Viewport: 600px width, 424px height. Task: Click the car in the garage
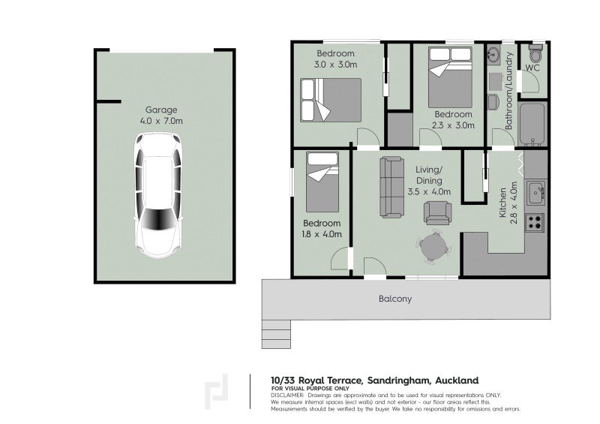[158, 195]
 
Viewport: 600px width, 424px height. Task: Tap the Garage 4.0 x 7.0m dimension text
[161, 121]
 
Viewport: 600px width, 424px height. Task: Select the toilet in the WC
[535, 53]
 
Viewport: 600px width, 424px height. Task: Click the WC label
[532, 68]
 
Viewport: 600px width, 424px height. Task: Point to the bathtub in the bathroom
[532, 124]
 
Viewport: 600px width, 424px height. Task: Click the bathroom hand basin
[494, 54]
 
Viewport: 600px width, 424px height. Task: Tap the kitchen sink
[535, 193]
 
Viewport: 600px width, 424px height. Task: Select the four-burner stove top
[535, 222]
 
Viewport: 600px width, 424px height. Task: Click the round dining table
[433, 246]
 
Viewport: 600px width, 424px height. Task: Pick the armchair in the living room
[437, 213]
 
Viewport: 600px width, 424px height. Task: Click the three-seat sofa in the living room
[391, 188]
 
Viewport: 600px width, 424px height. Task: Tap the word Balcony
[395, 299]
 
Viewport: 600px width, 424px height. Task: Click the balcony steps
[276, 334]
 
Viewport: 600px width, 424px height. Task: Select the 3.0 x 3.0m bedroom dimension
[335, 65]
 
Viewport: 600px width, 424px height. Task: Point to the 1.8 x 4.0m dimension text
[322, 234]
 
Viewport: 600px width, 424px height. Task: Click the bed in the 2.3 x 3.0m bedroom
[450, 77]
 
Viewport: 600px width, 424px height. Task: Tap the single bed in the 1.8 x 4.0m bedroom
[322, 182]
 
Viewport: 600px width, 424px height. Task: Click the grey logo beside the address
[216, 392]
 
